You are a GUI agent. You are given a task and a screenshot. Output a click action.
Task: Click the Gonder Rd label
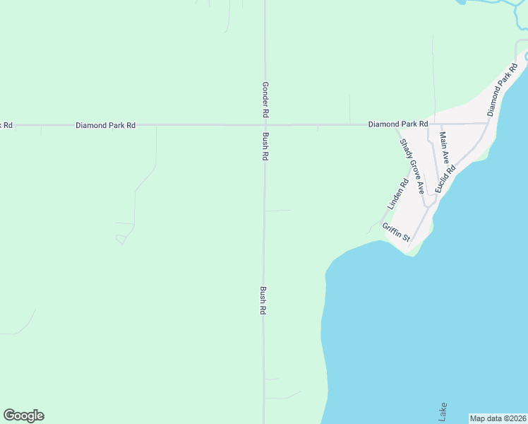[x=265, y=99]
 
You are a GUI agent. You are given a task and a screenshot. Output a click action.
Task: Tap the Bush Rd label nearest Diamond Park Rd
[x=265, y=146]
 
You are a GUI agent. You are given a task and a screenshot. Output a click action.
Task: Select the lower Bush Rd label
[x=263, y=300]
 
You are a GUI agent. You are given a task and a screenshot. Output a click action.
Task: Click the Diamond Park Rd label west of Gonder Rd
[x=106, y=125]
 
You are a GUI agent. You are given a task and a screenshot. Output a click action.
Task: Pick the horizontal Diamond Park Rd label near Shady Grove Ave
[x=398, y=124]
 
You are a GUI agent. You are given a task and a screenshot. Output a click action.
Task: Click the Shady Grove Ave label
[x=412, y=166]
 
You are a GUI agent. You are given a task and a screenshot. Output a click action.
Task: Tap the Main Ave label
[x=443, y=148]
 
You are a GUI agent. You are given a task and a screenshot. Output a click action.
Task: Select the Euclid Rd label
[x=445, y=178]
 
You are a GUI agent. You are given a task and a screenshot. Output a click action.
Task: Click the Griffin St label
[x=396, y=232]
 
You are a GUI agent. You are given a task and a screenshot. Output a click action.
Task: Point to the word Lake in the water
[x=443, y=412]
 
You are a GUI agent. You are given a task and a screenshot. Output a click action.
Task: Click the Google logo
[x=23, y=416]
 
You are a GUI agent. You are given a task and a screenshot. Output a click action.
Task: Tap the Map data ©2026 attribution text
[x=498, y=418]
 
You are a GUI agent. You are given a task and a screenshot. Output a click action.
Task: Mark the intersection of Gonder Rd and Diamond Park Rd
[x=265, y=125]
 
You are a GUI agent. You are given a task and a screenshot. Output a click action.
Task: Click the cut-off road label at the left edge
[x=6, y=125]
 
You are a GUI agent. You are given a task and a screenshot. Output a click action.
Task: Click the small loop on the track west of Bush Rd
[x=121, y=241]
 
